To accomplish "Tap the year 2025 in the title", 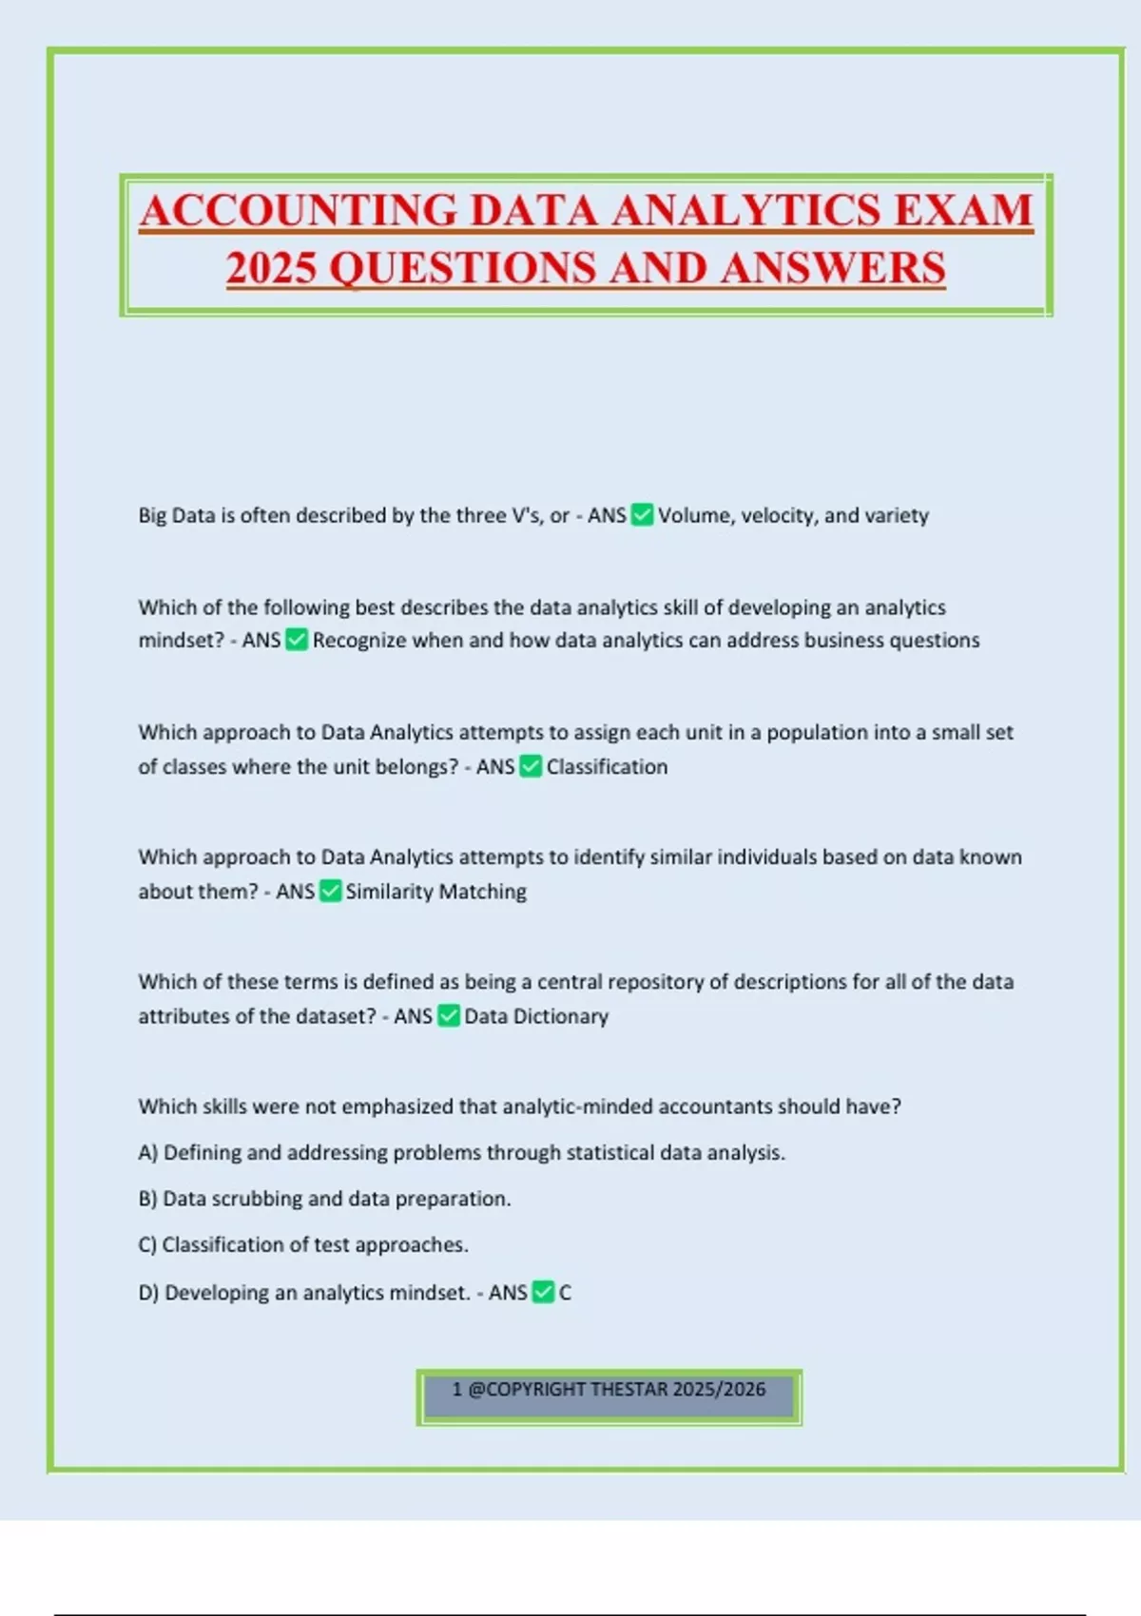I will (x=271, y=268).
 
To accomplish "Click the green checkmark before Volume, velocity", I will (x=643, y=515).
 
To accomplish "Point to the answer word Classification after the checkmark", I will (x=607, y=767).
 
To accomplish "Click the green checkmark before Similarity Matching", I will (x=331, y=892).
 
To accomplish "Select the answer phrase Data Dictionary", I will (x=536, y=1016).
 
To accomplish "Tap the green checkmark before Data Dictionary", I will (x=449, y=1016).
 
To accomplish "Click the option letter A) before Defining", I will (x=148, y=1153).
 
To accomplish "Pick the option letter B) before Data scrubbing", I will (x=148, y=1199).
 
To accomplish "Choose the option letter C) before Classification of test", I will (x=148, y=1245).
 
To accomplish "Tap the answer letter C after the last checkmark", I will (x=566, y=1293).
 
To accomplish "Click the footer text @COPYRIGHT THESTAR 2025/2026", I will (x=617, y=1390).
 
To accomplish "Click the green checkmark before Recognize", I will (x=297, y=641).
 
